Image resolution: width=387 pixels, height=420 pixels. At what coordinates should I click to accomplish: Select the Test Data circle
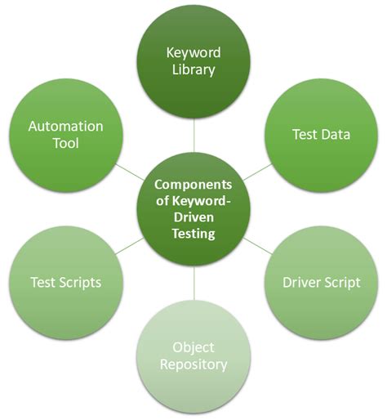pos(321,134)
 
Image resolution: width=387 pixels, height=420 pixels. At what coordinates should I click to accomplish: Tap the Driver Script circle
pos(321,282)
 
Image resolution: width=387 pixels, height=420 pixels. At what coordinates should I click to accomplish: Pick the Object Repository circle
pos(193,355)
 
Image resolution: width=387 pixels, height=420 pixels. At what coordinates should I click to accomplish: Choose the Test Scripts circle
pos(65,282)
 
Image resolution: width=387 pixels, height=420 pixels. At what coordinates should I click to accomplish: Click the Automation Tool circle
pos(65,136)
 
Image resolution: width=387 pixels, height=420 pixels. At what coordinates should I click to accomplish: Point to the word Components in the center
pos(193,184)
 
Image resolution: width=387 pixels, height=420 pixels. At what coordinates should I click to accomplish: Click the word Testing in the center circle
pos(193,235)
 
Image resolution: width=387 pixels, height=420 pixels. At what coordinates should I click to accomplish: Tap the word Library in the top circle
pos(193,69)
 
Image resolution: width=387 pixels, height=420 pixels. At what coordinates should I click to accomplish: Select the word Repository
pos(193,364)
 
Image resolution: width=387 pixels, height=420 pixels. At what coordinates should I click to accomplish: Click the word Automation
pos(65,127)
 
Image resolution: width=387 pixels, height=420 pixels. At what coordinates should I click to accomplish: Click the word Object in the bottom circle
pos(193,346)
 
